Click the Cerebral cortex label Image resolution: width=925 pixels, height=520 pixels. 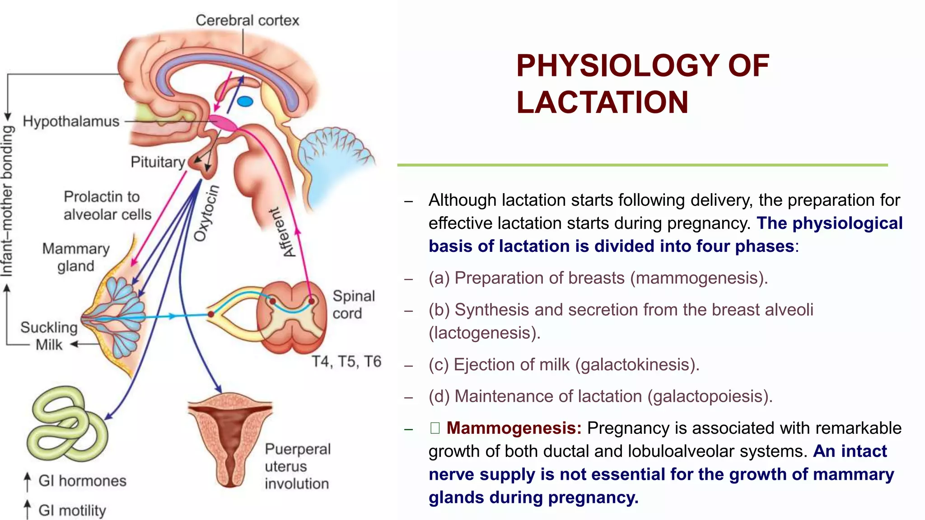tap(247, 21)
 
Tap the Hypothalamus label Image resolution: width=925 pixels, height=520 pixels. tap(71, 121)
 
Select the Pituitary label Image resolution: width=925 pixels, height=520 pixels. tap(158, 162)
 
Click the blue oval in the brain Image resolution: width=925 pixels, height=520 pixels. tap(245, 101)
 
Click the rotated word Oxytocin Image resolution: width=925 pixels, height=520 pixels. tap(207, 213)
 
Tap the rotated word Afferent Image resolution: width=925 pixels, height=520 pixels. tap(282, 232)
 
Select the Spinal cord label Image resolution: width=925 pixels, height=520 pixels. tap(353, 304)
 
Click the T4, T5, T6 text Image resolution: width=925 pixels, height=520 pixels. tap(346, 362)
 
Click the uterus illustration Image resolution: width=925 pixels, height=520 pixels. tap(230, 438)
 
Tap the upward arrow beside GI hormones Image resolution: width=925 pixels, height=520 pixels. tap(28, 481)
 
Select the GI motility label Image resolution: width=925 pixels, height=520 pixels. tap(72, 511)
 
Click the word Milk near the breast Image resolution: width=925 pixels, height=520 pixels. tap(49, 345)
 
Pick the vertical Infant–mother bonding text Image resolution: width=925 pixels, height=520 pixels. tap(7, 201)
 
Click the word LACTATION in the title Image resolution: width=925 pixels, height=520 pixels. tap(602, 102)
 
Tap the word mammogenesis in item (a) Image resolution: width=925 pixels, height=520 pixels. tap(697, 278)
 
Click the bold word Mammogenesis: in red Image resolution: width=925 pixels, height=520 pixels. tap(514, 428)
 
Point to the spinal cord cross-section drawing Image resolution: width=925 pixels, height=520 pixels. tap(291, 317)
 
